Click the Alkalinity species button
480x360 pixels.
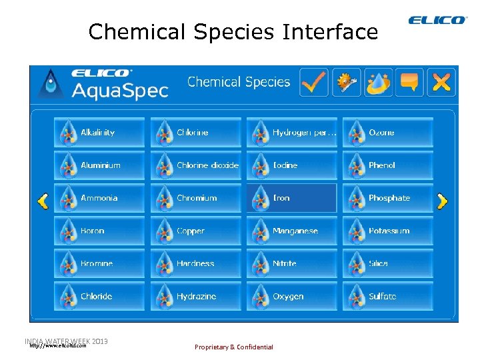pyautogui.click(x=99, y=133)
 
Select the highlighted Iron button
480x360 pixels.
pyautogui.click(x=291, y=198)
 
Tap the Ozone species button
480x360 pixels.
pyautogui.click(x=388, y=133)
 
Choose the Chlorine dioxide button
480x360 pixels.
pyautogui.click(x=195, y=165)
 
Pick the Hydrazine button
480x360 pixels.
pyautogui.click(x=195, y=296)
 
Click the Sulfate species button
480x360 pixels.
pyautogui.click(x=388, y=296)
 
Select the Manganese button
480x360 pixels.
pyautogui.click(x=291, y=231)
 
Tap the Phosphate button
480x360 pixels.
pyautogui.click(x=388, y=198)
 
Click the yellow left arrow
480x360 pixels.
pyautogui.click(x=42, y=201)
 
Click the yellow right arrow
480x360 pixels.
pyautogui.click(x=442, y=201)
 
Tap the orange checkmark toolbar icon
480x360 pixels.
pyautogui.click(x=313, y=82)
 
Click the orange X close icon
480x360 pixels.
pyautogui.click(x=441, y=82)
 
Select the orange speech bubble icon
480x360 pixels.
pyautogui.click(x=409, y=82)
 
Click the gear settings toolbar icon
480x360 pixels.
pyautogui.click(x=347, y=82)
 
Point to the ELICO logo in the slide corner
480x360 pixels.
pyautogui.click(x=438, y=21)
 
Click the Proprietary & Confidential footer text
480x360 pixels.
pyautogui.click(x=233, y=347)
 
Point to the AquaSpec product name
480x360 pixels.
pyautogui.click(x=120, y=90)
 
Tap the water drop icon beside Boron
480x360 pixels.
pyautogui.click(x=66, y=231)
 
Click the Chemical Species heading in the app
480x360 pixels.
pyautogui.click(x=239, y=82)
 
